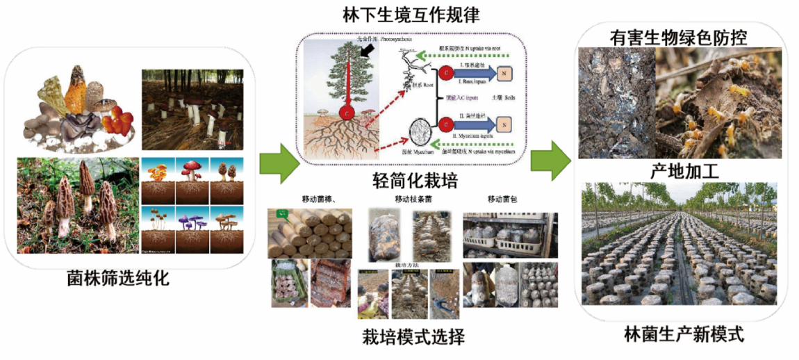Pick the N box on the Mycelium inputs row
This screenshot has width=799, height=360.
504,125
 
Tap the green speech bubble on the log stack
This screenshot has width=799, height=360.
283,214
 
